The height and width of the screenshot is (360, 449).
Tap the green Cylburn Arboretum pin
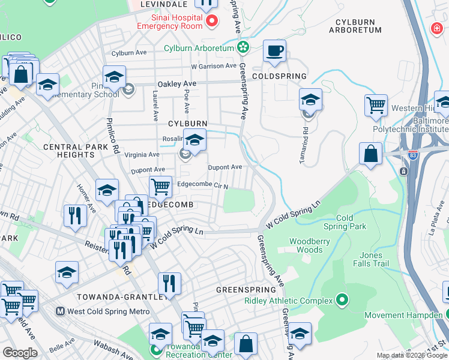(x=243, y=47)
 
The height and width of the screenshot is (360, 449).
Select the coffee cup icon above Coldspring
(x=275, y=52)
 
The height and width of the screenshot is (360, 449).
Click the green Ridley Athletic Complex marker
(x=342, y=300)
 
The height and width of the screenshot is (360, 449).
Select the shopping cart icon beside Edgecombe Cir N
(x=160, y=187)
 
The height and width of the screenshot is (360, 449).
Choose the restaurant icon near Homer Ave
(x=74, y=215)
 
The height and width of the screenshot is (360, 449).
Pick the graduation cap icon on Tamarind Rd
(x=310, y=99)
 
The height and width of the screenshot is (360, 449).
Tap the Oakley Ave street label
(x=177, y=84)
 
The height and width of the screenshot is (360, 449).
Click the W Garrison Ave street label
(x=213, y=66)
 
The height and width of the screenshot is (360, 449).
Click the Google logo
(x=20, y=352)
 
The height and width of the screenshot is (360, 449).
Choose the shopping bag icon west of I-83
(x=371, y=153)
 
